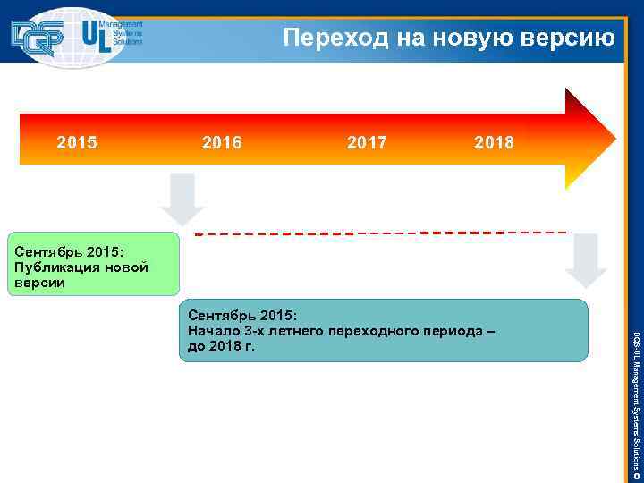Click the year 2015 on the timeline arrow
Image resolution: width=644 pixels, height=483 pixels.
coord(77,142)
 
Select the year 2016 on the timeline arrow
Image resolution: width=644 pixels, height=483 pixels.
coord(222,142)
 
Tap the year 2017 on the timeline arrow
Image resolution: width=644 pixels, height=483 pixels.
coord(367,142)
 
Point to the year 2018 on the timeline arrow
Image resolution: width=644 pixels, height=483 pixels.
coord(495,142)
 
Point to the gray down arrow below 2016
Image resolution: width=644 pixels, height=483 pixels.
coord(182,198)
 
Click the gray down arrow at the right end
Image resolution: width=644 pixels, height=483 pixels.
coord(586,259)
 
